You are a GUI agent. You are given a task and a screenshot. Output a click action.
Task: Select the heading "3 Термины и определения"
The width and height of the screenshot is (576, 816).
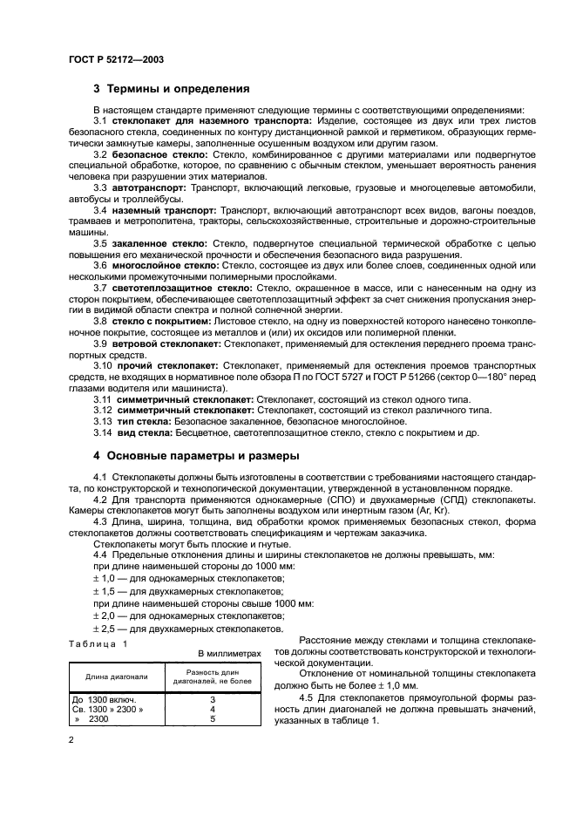(x=172, y=89)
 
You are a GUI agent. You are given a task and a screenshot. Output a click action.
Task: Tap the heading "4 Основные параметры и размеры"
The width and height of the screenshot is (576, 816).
(x=196, y=455)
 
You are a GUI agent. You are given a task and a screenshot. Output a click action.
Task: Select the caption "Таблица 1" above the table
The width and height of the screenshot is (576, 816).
(x=98, y=643)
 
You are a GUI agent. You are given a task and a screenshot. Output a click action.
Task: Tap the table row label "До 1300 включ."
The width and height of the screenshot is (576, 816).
(x=106, y=698)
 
